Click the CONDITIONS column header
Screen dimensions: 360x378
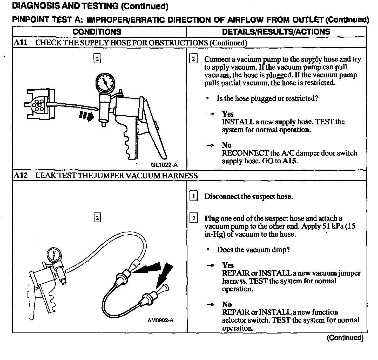(x=97, y=32)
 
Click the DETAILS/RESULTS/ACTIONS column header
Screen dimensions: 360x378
(x=276, y=32)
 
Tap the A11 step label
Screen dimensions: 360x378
(x=21, y=43)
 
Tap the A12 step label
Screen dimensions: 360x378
(x=21, y=176)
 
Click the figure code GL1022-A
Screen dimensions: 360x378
(x=164, y=165)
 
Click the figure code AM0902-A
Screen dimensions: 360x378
(x=160, y=320)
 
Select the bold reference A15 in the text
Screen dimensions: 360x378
(x=289, y=161)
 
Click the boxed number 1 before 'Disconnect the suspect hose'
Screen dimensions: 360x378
(x=193, y=196)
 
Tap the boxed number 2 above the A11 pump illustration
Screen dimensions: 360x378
(x=97, y=59)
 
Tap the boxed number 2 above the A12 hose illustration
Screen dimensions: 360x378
(x=97, y=218)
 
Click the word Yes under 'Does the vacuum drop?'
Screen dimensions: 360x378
(x=228, y=265)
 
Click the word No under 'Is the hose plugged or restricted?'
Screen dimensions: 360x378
(x=226, y=145)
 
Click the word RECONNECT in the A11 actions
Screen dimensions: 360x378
(x=245, y=153)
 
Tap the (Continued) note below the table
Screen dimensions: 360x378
(x=345, y=338)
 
